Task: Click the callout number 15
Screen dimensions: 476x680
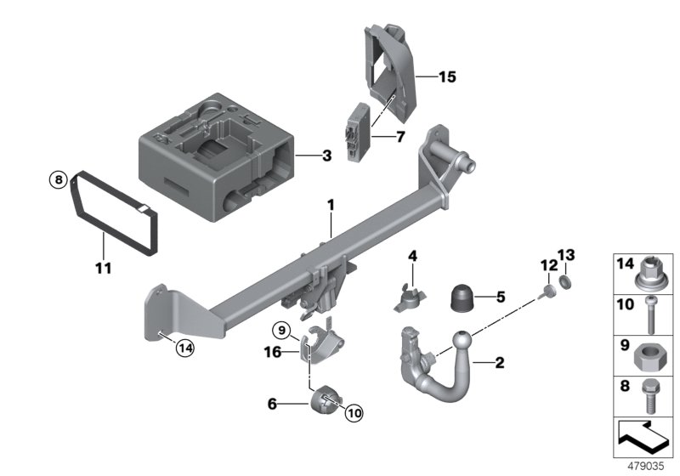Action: pos(447,77)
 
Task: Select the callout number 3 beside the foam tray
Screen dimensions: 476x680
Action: pos(326,156)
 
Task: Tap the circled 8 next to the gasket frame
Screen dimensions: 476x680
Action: pos(57,179)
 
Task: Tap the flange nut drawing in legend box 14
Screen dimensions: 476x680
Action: pos(649,272)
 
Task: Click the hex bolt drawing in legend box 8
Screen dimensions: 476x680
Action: pos(649,394)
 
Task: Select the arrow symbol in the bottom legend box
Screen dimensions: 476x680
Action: pos(642,439)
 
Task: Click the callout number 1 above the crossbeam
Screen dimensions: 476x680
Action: pos(332,206)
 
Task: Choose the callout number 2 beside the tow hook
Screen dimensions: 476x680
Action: pos(500,363)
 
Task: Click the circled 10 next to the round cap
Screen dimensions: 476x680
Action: pos(354,412)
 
